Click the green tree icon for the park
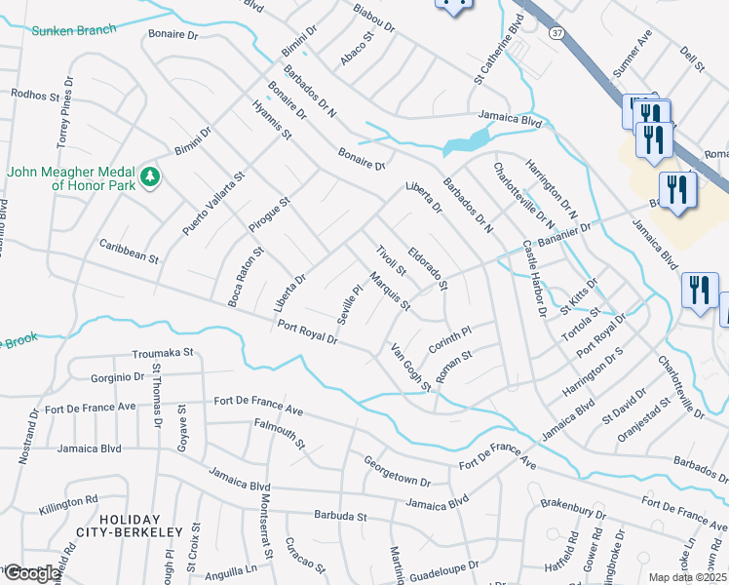pos(150,175)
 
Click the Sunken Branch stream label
pos(72,31)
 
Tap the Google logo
pos(31,573)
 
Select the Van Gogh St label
pos(410,368)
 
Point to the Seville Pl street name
pos(350,303)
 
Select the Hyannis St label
pos(272,119)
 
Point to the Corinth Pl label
pos(449,340)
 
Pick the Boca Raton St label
pos(246,277)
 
